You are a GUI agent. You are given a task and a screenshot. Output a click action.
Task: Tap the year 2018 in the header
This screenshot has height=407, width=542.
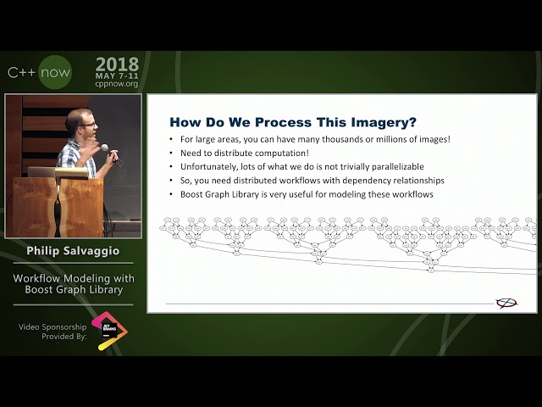click(x=117, y=64)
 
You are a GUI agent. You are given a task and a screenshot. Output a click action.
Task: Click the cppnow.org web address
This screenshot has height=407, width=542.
click(x=117, y=84)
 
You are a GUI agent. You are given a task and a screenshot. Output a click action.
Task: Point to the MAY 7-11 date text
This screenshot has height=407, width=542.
click(x=117, y=75)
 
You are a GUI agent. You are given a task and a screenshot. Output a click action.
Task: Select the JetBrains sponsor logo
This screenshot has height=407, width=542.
click(x=108, y=330)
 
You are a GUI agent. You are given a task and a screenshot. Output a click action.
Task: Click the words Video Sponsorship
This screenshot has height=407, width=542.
click(x=53, y=326)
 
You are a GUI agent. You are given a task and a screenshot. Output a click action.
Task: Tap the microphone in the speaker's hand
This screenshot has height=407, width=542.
click(x=107, y=151)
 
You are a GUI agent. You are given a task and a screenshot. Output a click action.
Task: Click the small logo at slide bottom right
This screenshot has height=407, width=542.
click(x=506, y=303)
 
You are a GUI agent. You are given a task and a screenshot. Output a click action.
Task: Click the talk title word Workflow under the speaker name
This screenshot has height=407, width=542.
click(x=38, y=277)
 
